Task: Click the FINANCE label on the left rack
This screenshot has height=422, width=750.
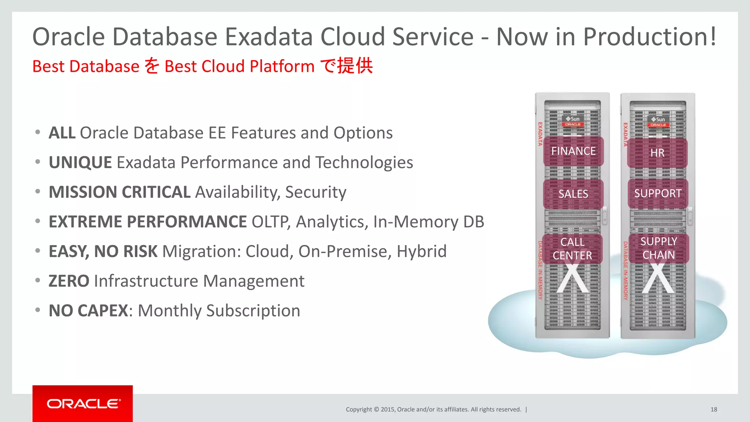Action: [x=573, y=151]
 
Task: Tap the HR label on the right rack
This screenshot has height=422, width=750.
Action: [x=657, y=153]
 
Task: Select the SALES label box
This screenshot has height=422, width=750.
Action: [x=573, y=194]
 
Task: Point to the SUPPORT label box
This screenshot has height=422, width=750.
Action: [x=658, y=193]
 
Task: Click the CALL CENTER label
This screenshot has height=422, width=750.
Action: [x=572, y=249]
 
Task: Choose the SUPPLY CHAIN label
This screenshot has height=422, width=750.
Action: [x=658, y=248]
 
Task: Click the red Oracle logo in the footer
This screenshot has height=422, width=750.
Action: [x=83, y=403]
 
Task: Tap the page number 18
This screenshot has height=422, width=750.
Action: [x=714, y=410]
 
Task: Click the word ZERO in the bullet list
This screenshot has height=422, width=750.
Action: [x=69, y=281]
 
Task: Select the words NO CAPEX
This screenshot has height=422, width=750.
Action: [x=88, y=311]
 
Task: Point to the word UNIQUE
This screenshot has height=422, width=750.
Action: [x=80, y=163]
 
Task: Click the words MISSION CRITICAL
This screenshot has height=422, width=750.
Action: [x=119, y=192]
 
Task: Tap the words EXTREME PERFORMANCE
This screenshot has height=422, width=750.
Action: [x=148, y=222]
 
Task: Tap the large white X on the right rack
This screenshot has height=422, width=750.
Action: [x=658, y=278]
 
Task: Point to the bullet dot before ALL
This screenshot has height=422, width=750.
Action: [x=38, y=132]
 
